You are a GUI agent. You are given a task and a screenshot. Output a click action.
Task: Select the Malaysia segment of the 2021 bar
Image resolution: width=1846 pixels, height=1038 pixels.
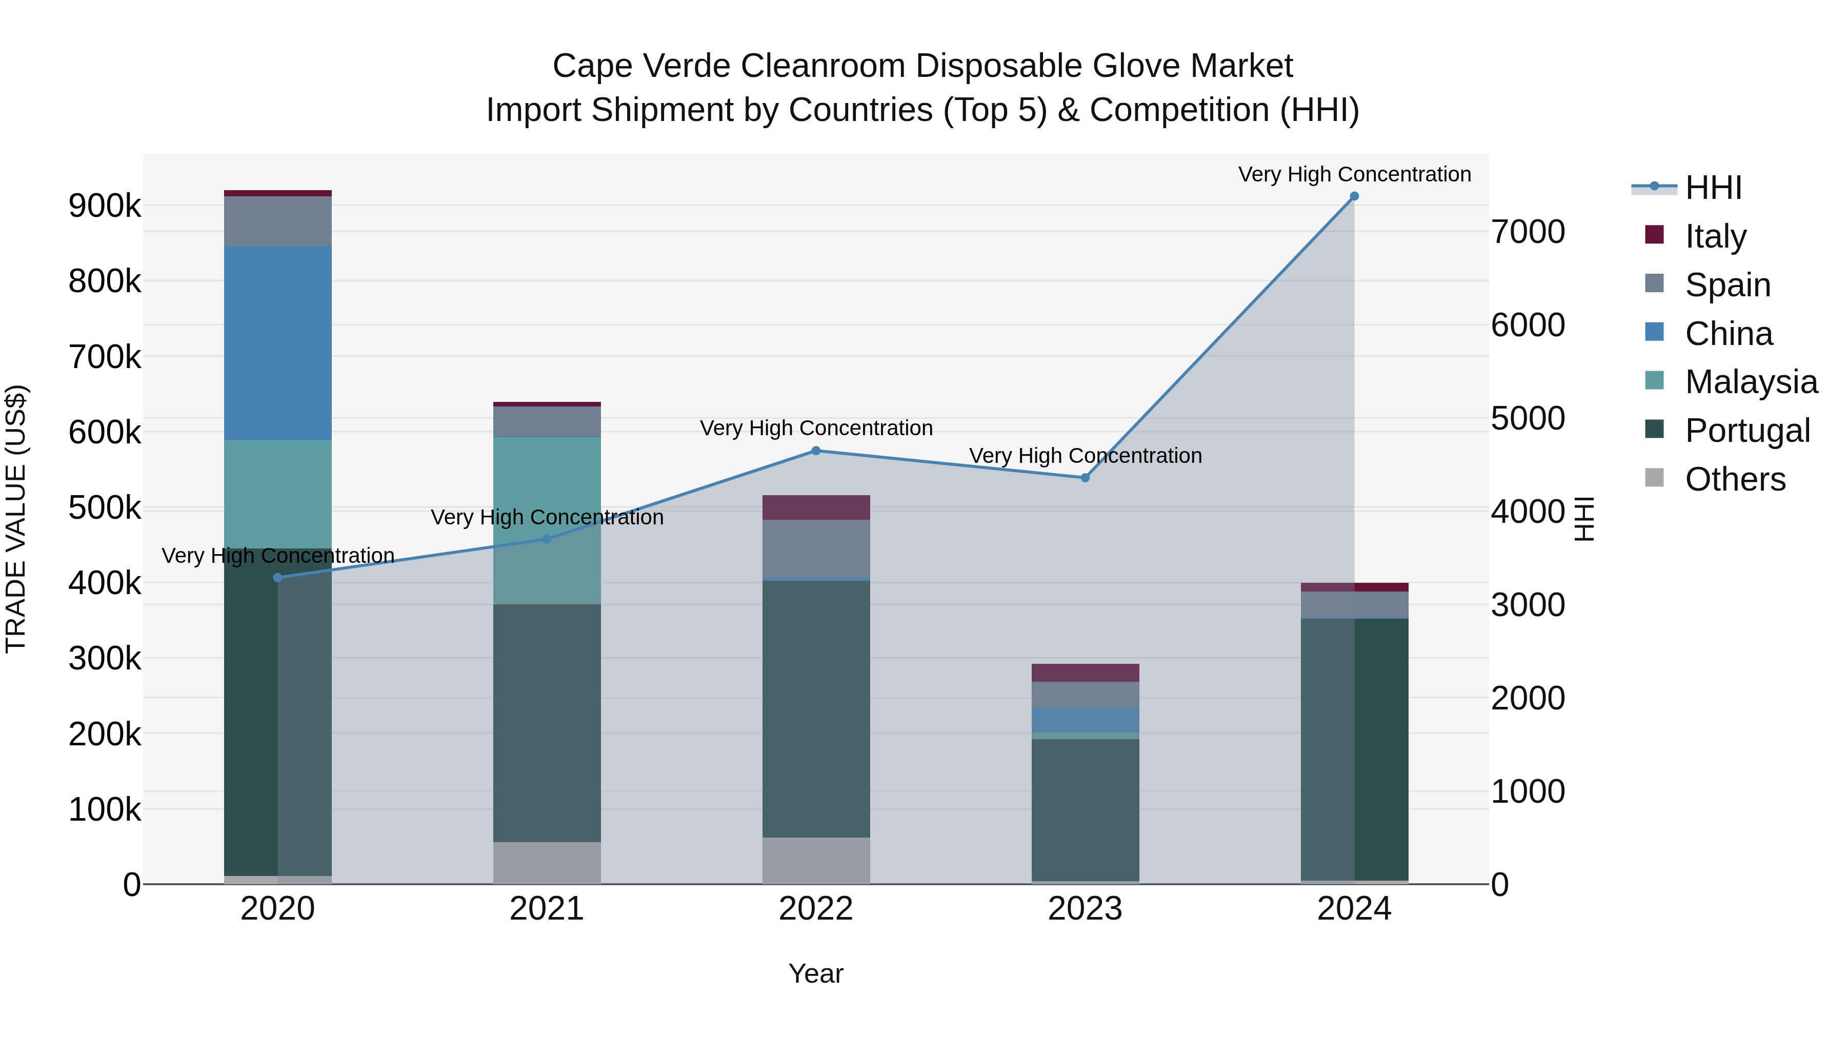[547, 520]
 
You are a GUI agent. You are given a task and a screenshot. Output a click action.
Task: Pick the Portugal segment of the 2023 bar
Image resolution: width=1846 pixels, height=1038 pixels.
[1085, 809]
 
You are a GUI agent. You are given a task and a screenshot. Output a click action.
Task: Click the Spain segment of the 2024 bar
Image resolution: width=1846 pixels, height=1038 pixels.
[1354, 605]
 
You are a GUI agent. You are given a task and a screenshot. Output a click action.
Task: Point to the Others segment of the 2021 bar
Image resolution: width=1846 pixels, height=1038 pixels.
[547, 863]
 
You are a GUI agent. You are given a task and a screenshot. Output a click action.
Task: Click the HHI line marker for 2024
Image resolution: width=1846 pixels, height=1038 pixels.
[1354, 196]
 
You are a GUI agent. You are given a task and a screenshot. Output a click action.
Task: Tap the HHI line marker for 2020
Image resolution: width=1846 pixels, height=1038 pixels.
[277, 577]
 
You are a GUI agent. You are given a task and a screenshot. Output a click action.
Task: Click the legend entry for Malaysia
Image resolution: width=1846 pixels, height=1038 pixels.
[1750, 382]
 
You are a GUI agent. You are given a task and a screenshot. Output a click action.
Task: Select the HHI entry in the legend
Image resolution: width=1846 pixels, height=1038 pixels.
[1713, 188]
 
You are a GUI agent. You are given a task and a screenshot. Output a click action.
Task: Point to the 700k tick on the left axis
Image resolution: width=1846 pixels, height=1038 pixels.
[105, 357]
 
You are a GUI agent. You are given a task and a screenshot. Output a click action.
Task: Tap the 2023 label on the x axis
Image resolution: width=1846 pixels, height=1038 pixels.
[1085, 909]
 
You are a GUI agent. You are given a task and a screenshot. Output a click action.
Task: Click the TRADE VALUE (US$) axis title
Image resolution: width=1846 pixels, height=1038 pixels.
[16, 519]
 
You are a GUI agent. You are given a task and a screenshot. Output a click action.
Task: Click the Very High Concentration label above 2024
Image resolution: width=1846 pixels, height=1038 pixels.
[1354, 174]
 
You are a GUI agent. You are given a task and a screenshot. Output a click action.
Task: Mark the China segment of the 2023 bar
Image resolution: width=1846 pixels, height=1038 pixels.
[1085, 720]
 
